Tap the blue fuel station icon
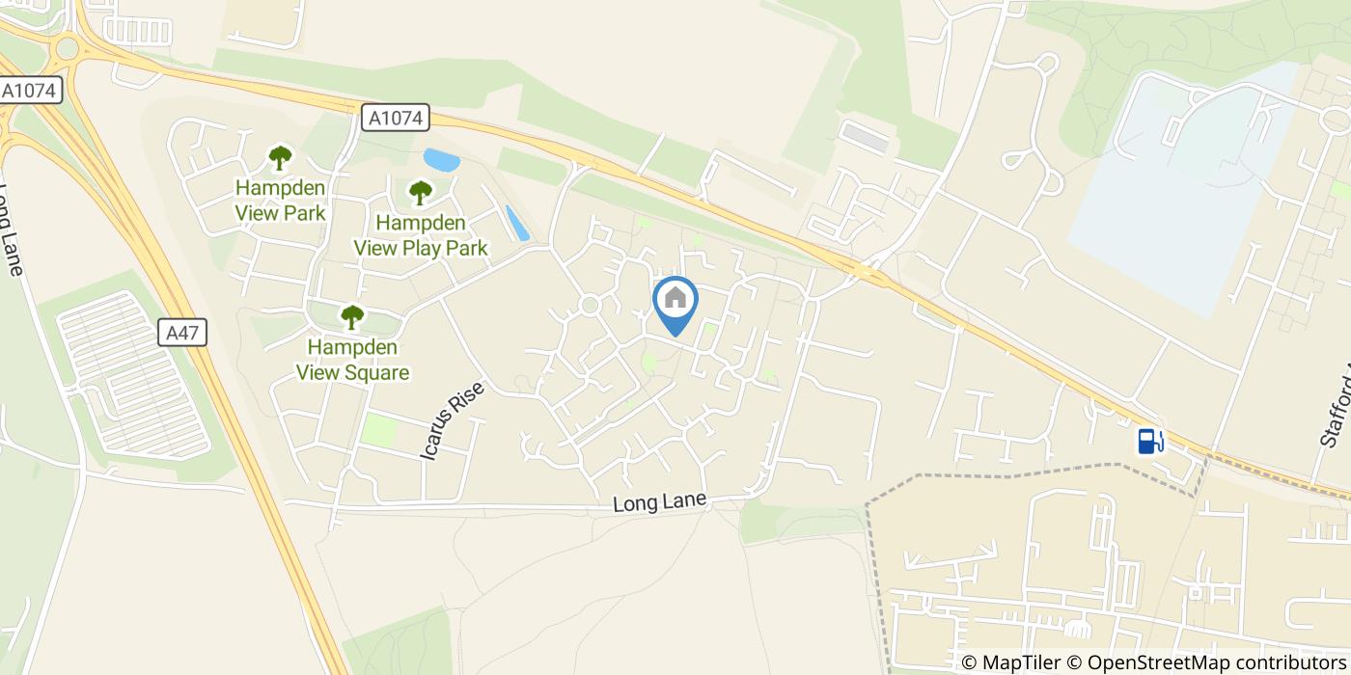tap(1150, 441)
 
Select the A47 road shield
tap(182, 334)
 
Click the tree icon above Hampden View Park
tap(280, 157)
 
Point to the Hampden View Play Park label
tap(421, 235)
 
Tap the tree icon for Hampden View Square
tap(352, 315)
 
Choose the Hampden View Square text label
tap(352, 360)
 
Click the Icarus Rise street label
tap(451, 418)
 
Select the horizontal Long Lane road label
tap(660, 502)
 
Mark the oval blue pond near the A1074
tap(441, 159)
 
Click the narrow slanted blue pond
tap(517, 223)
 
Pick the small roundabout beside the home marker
tap(589, 306)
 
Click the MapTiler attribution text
tap(1009, 662)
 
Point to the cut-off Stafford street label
tap(1336, 405)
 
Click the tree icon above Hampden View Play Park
tap(420, 193)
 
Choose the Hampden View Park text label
tap(281, 201)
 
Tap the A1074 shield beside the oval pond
tap(396, 118)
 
